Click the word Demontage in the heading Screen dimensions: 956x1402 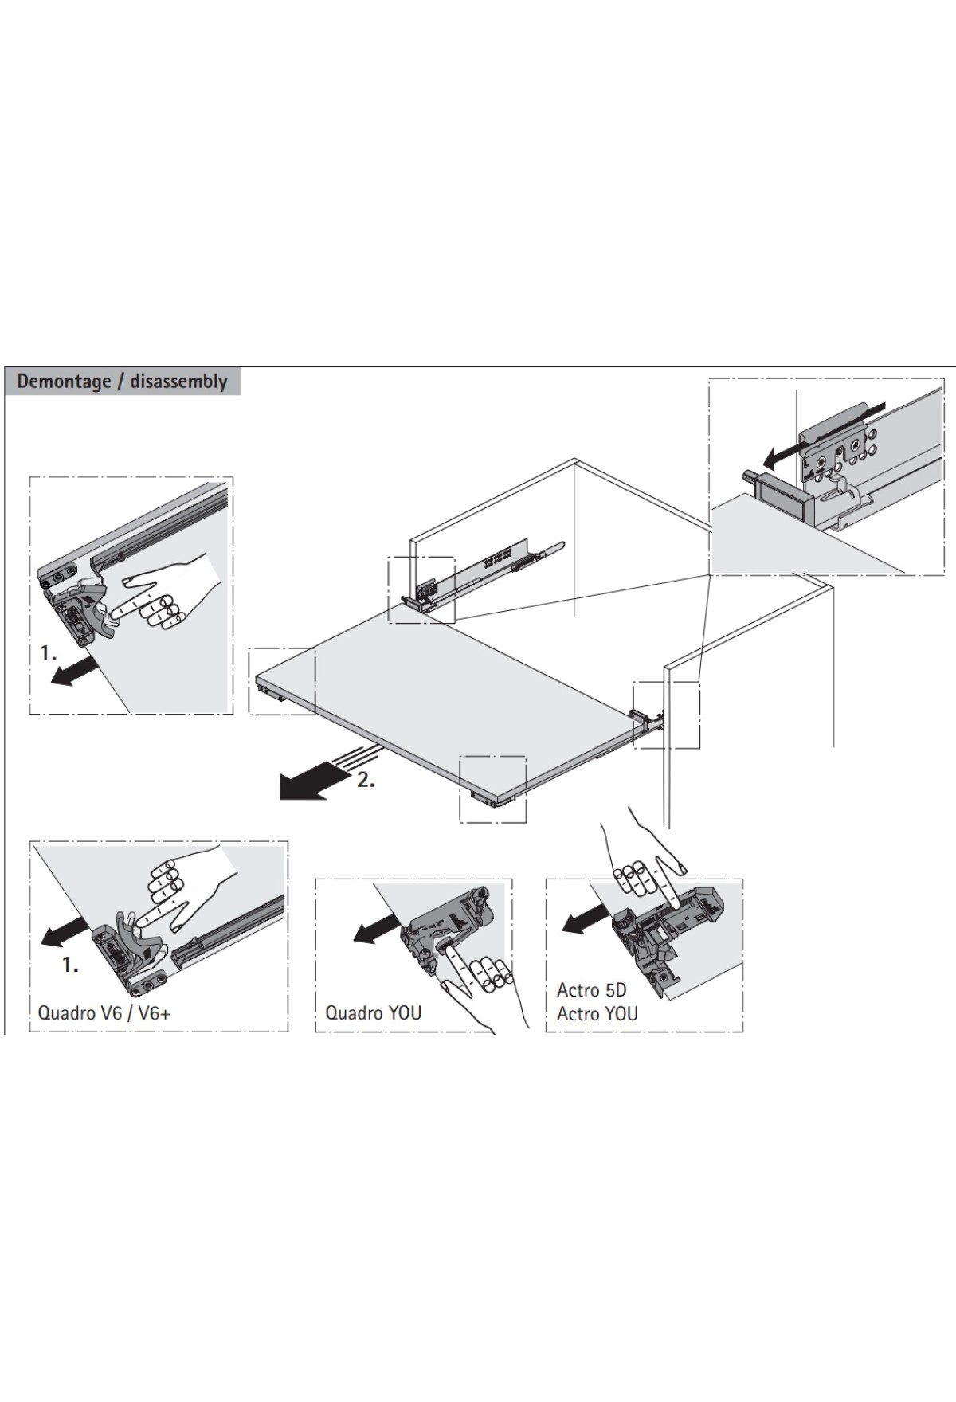pos(64,381)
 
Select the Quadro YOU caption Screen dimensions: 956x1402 pos(373,1012)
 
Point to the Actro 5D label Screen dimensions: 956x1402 pos(591,990)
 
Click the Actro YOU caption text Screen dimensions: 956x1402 pos(597,1013)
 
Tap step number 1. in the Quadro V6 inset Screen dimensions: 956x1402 pos(71,965)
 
